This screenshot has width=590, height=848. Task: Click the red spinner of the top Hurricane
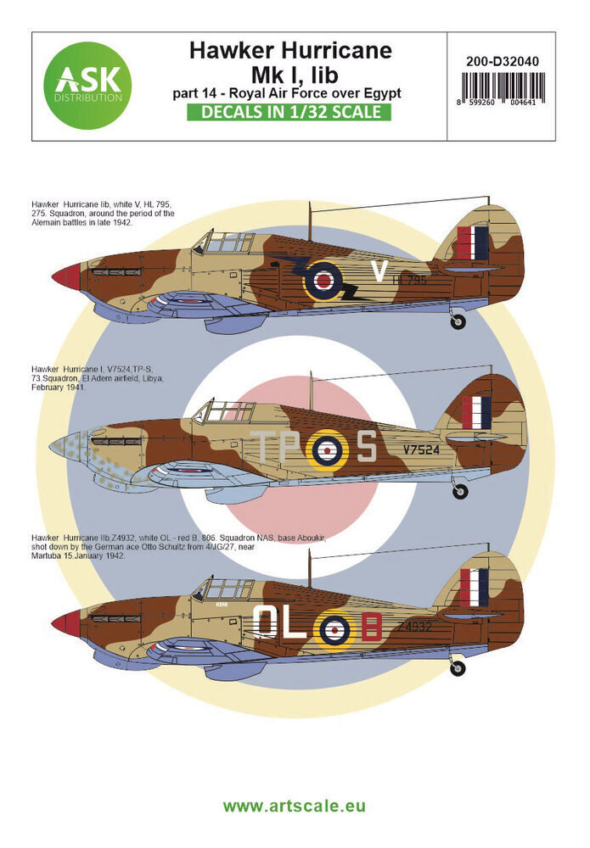tap(66, 275)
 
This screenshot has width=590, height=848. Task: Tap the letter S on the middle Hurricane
tap(365, 446)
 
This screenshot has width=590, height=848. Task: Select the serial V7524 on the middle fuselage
tap(421, 450)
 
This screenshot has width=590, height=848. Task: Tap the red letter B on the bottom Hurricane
tap(370, 627)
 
